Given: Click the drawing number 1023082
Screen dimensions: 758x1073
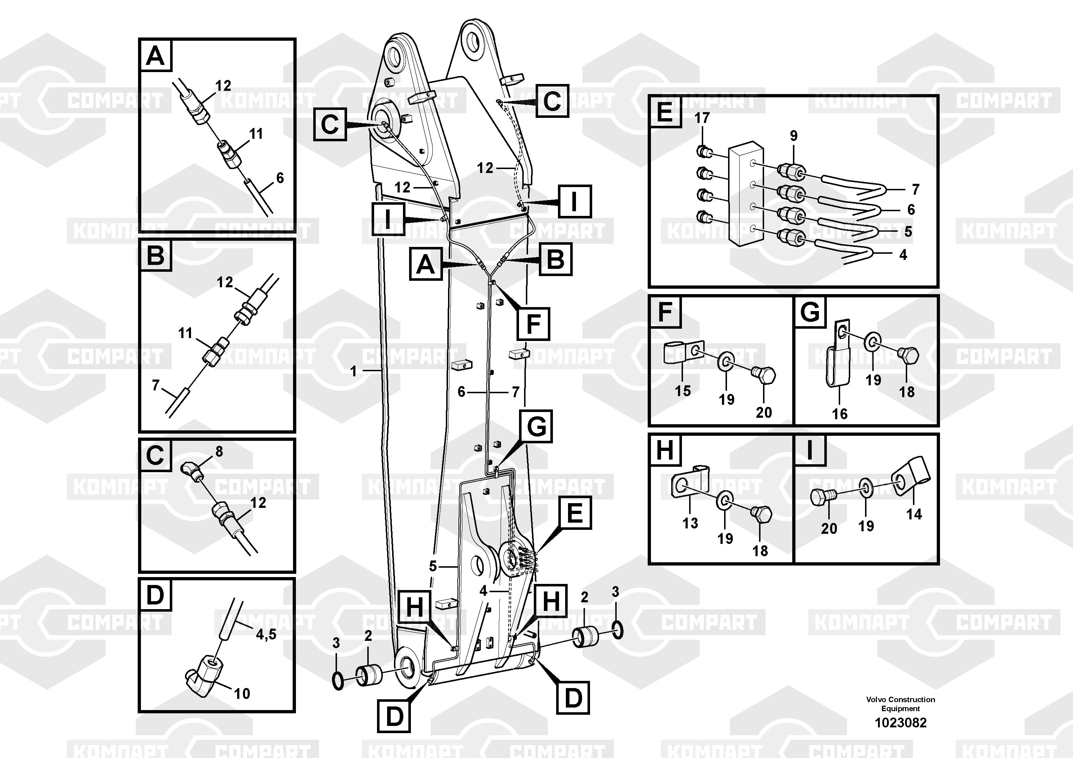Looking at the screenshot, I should tap(900, 722).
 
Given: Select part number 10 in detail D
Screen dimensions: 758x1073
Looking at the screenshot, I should tap(241, 693).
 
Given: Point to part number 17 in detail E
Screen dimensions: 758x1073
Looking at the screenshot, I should tap(701, 118).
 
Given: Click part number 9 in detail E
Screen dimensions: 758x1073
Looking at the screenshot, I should tap(794, 136).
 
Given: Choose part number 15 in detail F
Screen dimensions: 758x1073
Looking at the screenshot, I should tap(682, 391).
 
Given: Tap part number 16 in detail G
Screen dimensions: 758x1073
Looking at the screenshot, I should tap(839, 413).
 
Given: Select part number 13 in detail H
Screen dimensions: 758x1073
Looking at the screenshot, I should tap(690, 523).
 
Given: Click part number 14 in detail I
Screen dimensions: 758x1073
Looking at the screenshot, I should tap(914, 514).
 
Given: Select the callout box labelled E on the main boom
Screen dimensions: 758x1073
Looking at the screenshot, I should tap(575, 513).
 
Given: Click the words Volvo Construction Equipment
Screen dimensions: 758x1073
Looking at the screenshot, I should tap(900, 704).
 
